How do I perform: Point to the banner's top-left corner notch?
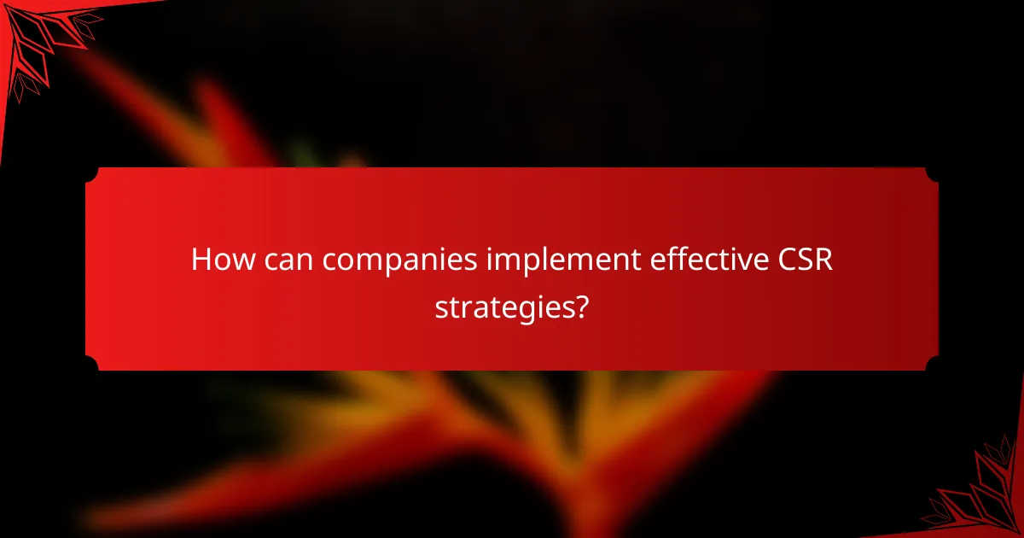point(91,173)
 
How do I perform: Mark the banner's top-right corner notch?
point(932,173)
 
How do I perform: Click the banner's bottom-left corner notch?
point(91,365)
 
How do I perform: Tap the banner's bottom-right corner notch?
point(932,365)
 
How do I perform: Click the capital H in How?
point(201,260)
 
